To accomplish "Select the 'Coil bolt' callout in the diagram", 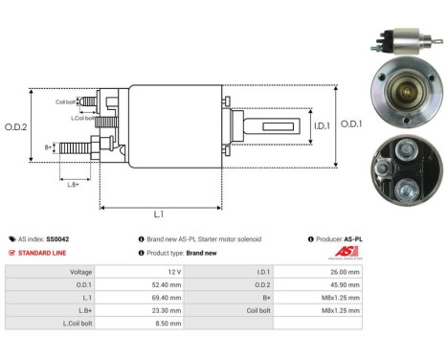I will click(65, 100).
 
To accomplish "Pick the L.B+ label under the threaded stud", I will click(72, 184).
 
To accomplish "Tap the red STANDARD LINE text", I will click(43, 253).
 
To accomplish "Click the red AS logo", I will click(346, 252).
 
